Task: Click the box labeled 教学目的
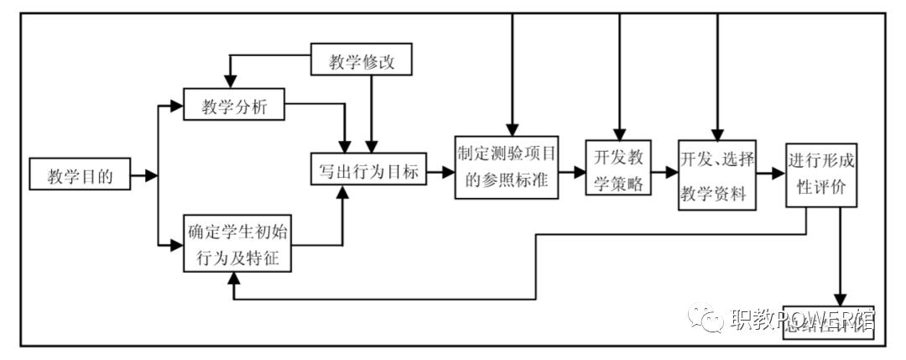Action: pyautogui.click(x=80, y=175)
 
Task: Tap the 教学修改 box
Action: pyautogui.click(x=362, y=62)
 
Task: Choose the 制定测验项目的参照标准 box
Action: pyautogui.click(x=507, y=167)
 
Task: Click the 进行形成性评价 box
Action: pyautogui.click(x=821, y=176)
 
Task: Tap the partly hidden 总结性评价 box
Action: pyautogui.click(x=827, y=322)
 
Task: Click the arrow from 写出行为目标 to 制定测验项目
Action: pyautogui.click(x=440, y=171)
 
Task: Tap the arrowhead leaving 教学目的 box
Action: pyautogui.click(x=150, y=175)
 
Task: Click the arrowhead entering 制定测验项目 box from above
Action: pyautogui.click(x=509, y=128)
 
